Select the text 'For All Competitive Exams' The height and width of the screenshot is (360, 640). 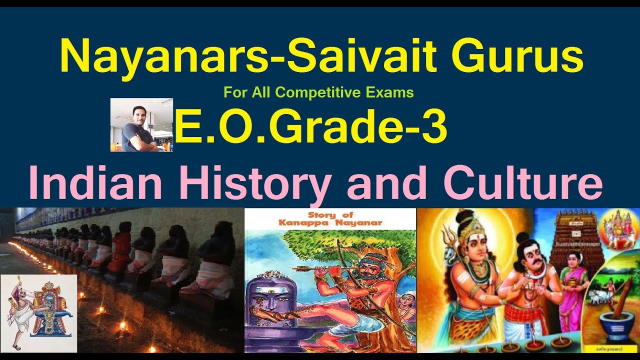(x=319, y=92)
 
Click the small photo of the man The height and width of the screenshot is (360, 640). (x=141, y=125)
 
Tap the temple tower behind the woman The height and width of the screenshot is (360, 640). (x=572, y=235)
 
